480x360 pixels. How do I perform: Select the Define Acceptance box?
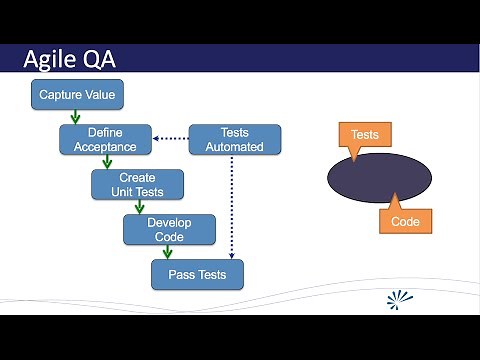[111, 139]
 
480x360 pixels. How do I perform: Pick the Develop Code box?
[169, 229]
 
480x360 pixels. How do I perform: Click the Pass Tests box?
[197, 274]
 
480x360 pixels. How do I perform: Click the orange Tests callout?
[365, 135]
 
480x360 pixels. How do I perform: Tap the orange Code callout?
[405, 220]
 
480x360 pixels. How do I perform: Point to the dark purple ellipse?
[380, 178]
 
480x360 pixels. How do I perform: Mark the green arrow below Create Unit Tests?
[138, 207]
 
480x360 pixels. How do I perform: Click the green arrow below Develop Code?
[168, 252]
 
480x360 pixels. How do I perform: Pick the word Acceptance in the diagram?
[111, 147]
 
